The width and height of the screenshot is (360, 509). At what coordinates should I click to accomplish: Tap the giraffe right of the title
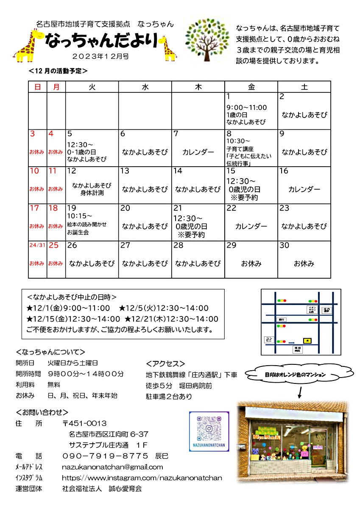(x=169, y=48)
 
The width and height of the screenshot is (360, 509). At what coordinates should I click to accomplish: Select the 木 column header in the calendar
(x=198, y=87)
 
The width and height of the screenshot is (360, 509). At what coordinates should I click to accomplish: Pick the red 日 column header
(x=38, y=87)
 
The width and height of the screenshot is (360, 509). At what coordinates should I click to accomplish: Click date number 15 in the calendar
(x=231, y=171)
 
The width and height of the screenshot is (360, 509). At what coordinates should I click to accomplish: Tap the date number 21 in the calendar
(x=178, y=208)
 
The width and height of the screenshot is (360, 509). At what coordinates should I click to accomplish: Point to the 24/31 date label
(x=37, y=246)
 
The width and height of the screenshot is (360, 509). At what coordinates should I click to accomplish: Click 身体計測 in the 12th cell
(x=92, y=193)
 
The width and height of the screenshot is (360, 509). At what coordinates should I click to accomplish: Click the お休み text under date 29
(x=251, y=264)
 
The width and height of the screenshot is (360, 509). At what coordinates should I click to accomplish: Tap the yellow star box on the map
(x=307, y=341)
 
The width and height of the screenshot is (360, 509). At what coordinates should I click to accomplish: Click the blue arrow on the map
(x=291, y=342)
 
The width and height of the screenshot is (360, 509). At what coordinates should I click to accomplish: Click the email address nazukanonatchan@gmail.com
(x=112, y=467)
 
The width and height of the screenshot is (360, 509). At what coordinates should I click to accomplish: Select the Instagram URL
(x=142, y=478)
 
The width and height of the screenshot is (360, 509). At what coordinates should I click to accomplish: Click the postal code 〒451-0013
(x=84, y=423)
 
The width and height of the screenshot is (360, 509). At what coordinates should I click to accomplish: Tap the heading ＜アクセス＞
(x=165, y=364)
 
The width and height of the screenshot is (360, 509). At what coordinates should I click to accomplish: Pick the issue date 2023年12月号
(x=100, y=56)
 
